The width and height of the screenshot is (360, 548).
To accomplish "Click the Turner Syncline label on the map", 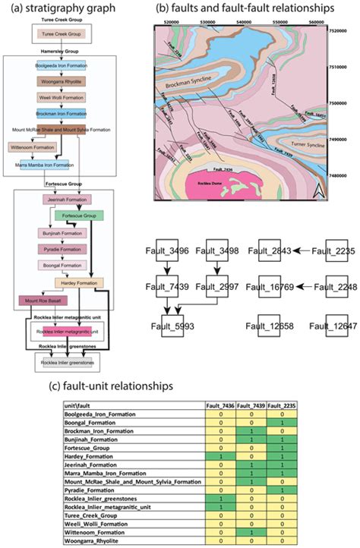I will pos(304,143).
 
